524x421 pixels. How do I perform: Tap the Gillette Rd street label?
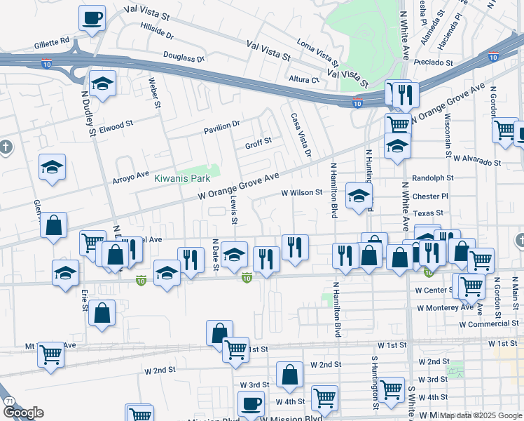tap(52, 42)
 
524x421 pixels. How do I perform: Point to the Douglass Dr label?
tap(183, 57)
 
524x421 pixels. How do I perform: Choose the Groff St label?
tap(258, 145)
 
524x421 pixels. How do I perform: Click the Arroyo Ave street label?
tap(131, 176)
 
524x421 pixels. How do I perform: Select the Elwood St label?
tap(116, 126)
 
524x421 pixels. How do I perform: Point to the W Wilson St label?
tap(301, 192)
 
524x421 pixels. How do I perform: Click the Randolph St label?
tap(433, 178)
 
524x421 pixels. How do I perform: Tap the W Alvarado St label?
tap(476, 161)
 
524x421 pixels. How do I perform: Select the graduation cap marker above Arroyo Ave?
tap(52, 168)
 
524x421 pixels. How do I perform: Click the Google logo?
tap(23, 413)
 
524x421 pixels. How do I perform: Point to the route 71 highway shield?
tap(9, 401)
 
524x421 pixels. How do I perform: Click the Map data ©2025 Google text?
tap(480, 415)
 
